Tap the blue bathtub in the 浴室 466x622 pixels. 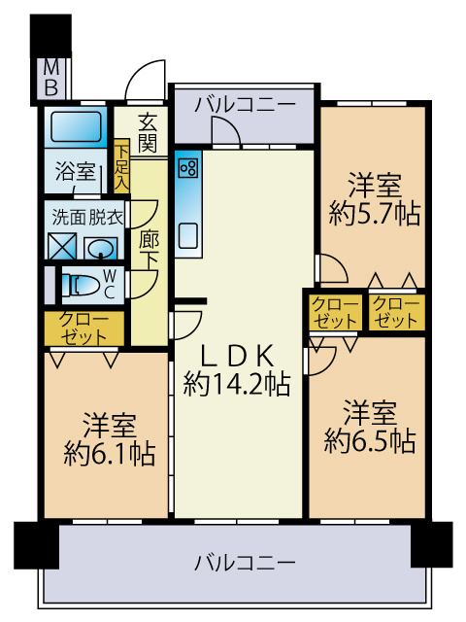pos(76,127)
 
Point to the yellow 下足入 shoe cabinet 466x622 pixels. pos(121,166)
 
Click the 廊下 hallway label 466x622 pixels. pos(148,248)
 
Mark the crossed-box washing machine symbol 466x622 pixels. pos(61,247)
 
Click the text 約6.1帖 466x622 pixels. pos(109,452)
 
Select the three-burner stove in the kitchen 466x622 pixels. pos(187,167)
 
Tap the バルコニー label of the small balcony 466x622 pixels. pos(244,104)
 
